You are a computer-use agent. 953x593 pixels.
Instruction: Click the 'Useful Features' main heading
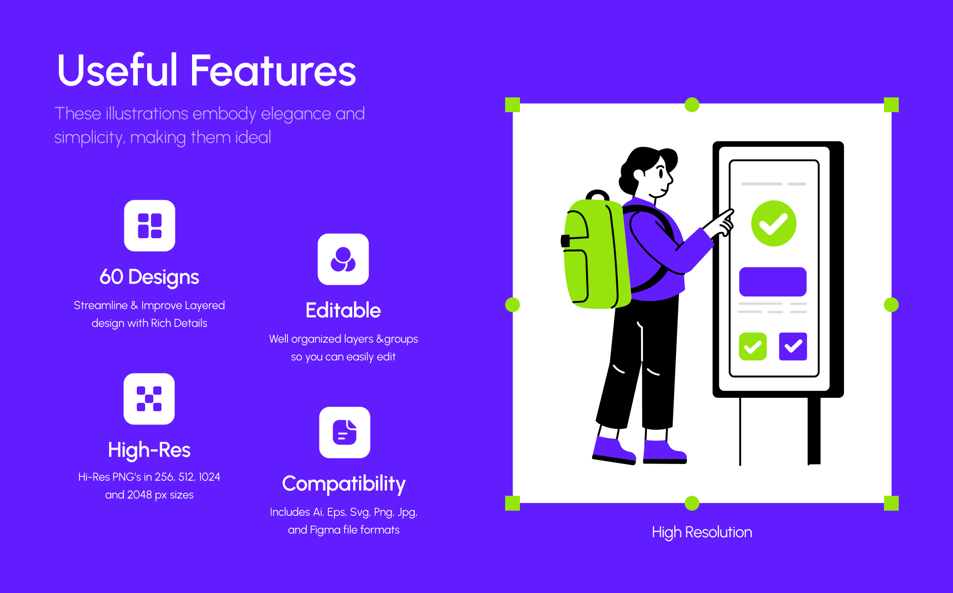coord(206,70)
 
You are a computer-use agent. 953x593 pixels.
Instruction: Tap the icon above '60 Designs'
coord(150,226)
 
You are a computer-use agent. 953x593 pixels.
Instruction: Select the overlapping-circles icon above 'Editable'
coord(343,259)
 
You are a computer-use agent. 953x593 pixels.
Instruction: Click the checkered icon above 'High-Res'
coord(149,399)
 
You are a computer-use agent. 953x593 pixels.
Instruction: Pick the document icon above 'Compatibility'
coord(345,432)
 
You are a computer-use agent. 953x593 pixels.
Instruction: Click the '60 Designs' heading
coord(149,277)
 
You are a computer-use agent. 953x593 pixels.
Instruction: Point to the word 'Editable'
coord(343,310)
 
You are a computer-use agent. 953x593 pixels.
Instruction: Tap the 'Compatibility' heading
coord(344,484)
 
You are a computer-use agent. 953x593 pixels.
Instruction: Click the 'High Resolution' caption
coord(702,532)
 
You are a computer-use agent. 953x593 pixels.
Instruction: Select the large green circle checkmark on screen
coord(774,223)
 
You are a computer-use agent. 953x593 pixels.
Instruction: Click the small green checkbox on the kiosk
coord(753,346)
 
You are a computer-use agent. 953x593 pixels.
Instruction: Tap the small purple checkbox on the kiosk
coord(793,346)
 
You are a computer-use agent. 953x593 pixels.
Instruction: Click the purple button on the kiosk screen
coord(773,282)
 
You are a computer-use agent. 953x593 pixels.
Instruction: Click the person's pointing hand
coord(721,223)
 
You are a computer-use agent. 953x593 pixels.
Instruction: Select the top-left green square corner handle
coord(513,105)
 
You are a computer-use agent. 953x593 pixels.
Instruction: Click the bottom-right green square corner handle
coord(891,503)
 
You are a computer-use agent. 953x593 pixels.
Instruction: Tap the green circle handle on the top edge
coord(692,105)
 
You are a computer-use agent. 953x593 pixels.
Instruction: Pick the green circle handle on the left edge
coord(513,305)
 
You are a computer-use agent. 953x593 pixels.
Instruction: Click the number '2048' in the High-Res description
coord(139,495)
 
